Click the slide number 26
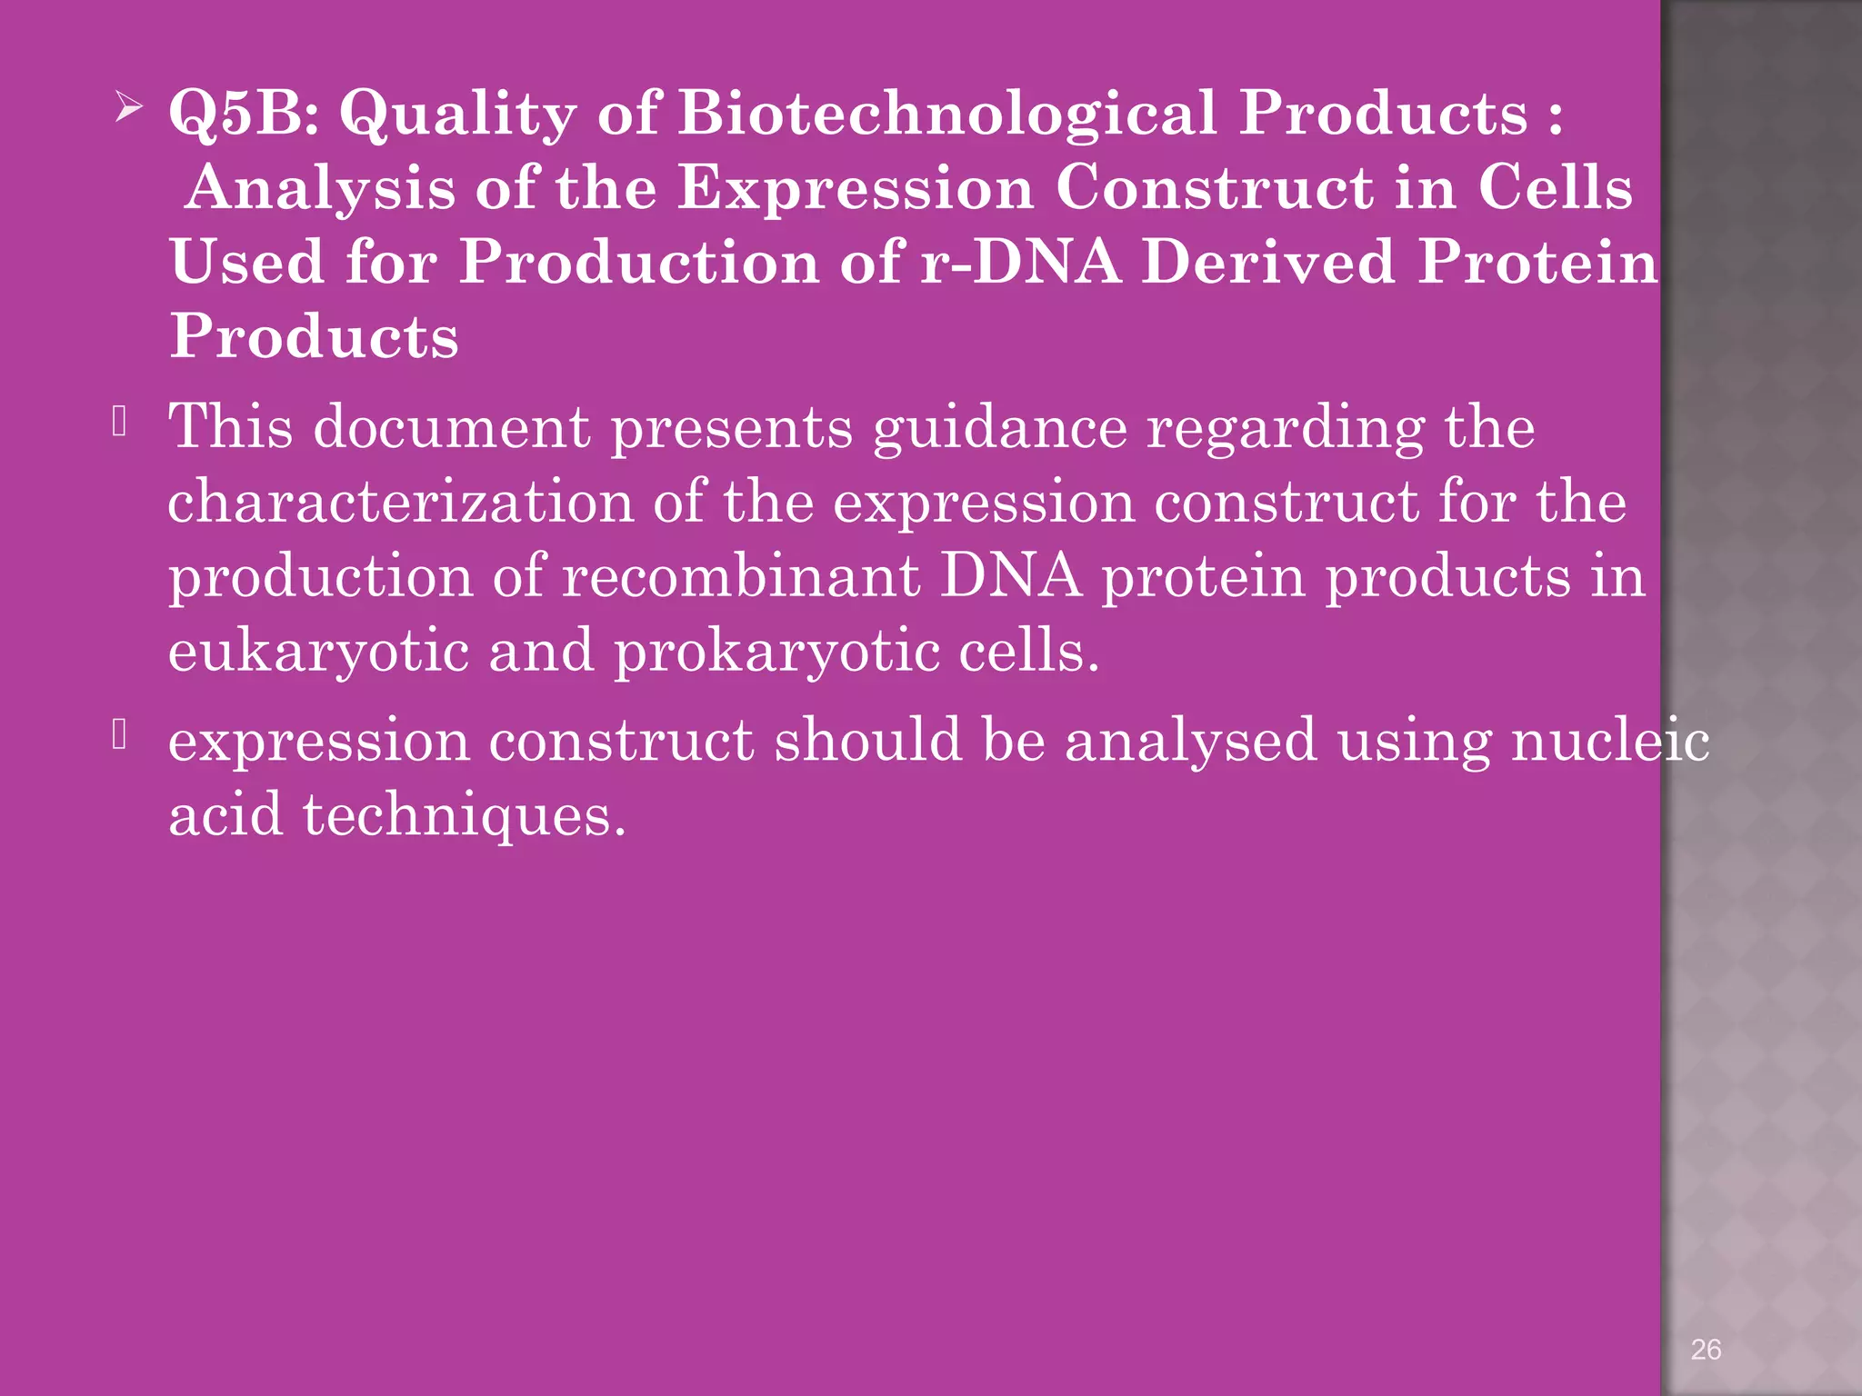point(1706,1349)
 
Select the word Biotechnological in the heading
point(946,113)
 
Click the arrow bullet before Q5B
point(129,112)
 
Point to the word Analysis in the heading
point(319,189)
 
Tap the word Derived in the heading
point(1268,262)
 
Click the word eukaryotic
point(318,653)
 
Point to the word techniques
point(464,815)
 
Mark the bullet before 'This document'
point(120,422)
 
